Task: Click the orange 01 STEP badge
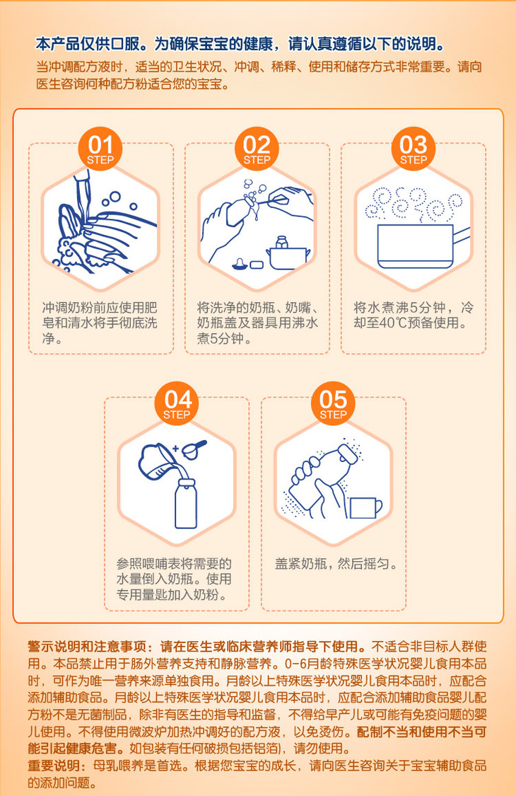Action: click(x=100, y=149)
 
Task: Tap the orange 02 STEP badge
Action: click(x=257, y=149)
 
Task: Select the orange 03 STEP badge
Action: click(x=414, y=149)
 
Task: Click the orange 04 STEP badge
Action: click(x=177, y=403)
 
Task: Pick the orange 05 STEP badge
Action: click(x=334, y=403)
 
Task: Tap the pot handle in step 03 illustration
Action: click(x=461, y=236)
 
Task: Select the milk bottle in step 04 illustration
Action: click(x=186, y=503)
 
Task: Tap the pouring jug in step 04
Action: click(x=158, y=461)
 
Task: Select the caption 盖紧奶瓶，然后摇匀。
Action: click(x=336, y=563)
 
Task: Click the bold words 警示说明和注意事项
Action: click(x=87, y=646)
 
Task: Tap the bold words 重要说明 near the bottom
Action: click(x=54, y=766)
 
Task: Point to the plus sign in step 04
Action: click(x=175, y=449)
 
